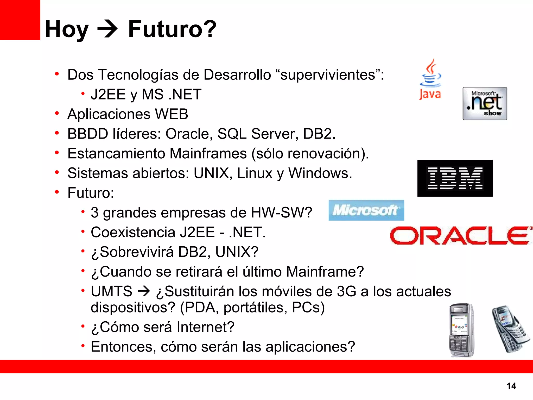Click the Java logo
coord(430,79)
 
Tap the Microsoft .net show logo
coord(485,103)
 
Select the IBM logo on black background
coord(455,178)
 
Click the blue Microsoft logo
coord(366,210)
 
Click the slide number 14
coord(511,386)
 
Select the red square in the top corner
coord(20,20)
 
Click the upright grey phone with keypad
coord(461,330)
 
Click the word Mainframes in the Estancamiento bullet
coord(208,153)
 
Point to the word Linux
coord(255,173)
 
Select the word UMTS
coord(111,291)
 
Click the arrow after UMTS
coord(144,291)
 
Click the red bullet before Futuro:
coord(57,192)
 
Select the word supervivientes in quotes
coord(328,75)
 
